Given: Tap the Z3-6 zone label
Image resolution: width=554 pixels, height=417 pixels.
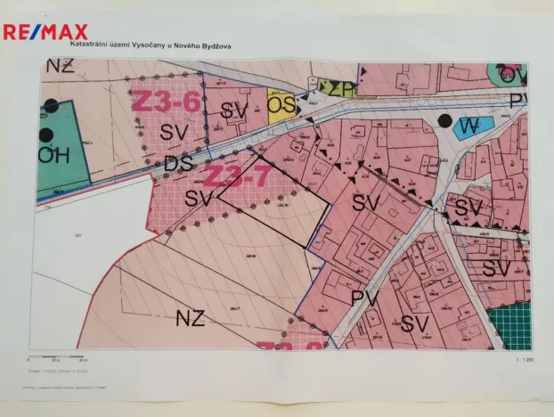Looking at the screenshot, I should click(x=165, y=100).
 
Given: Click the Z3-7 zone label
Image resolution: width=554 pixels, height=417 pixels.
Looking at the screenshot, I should click(x=237, y=176).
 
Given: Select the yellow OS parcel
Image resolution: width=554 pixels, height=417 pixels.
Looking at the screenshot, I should click(x=281, y=106).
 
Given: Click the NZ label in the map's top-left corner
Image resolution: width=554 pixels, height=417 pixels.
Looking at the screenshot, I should click(x=60, y=67).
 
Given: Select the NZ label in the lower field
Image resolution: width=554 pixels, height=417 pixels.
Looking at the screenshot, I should click(x=191, y=317).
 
